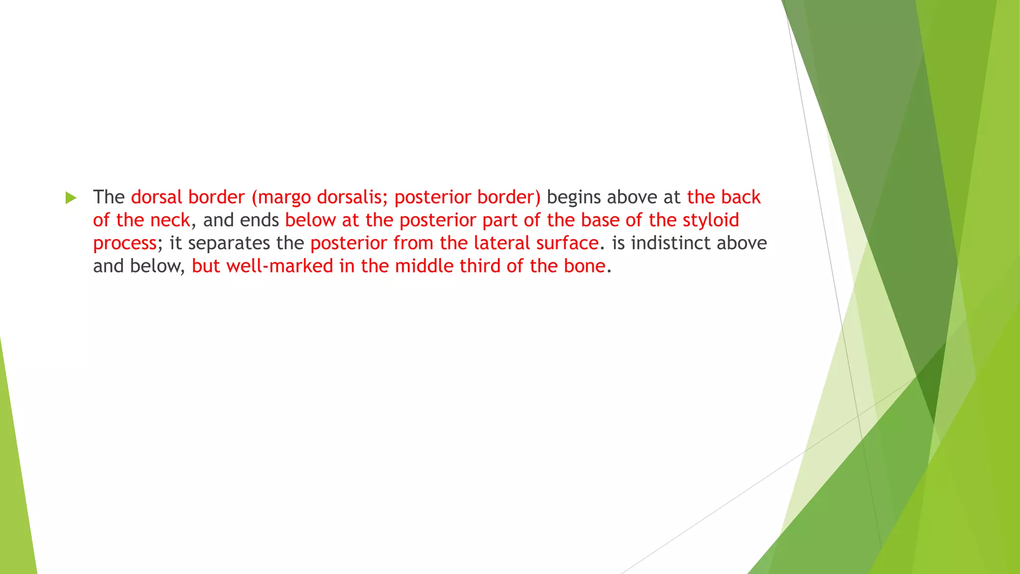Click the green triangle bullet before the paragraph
[x=71, y=198]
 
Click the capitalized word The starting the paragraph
[x=109, y=197]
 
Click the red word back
[x=741, y=197]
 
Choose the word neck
[x=170, y=220]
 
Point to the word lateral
[x=502, y=243]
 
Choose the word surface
[x=567, y=243]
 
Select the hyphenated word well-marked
[x=279, y=266]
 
